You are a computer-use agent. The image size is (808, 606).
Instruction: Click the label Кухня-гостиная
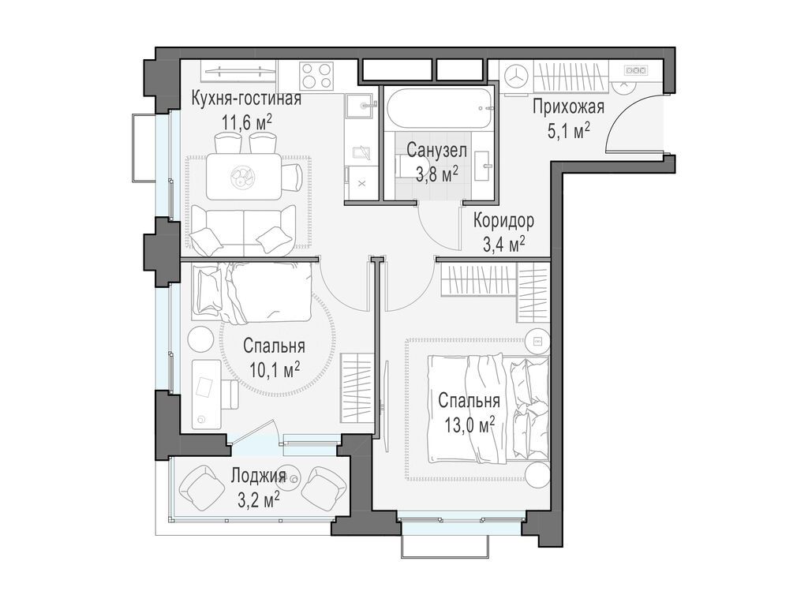coord(246,99)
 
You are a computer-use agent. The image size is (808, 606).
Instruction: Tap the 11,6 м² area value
coord(247,123)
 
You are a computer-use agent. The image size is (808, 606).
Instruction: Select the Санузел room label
coord(437,151)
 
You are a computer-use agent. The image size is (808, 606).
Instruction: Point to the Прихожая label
coord(568,107)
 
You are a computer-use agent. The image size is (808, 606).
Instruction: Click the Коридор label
coord(503,221)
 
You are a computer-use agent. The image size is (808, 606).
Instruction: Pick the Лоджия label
coord(258,476)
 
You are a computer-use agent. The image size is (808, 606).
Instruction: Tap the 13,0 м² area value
coord(469,425)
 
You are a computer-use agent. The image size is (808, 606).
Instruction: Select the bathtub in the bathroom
coord(440,109)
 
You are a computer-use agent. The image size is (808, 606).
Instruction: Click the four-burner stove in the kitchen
coord(316,76)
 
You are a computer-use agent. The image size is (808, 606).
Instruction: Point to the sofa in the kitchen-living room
coord(242,230)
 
